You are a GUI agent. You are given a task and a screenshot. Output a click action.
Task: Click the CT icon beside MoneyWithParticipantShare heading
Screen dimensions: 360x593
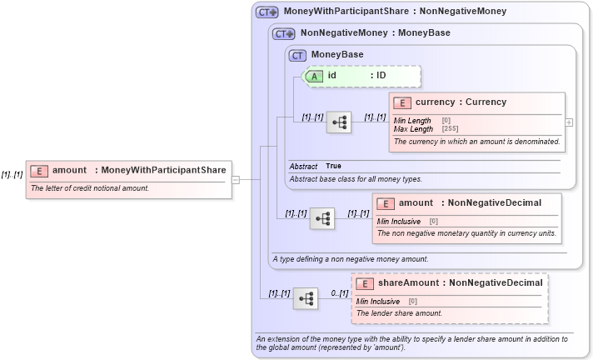click(x=267, y=12)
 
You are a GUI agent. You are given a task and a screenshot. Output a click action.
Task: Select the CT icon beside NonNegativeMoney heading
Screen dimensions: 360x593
click(x=284, y=34)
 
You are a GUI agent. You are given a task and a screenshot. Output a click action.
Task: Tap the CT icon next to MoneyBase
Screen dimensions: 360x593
click(x=298, y=55)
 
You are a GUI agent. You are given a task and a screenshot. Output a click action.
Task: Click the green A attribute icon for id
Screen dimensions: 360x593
click(x=315, y=75)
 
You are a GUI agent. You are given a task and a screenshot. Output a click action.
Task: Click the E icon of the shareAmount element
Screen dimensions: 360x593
click(x=365, y=284)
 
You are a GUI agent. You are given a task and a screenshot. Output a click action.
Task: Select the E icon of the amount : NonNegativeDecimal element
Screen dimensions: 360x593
click(x=386, y=203)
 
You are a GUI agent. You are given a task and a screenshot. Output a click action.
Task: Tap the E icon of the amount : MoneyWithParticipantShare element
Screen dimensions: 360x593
click(x=39, y=171)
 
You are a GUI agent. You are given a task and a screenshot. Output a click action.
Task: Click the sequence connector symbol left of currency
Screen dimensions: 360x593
click(x=338, y=122)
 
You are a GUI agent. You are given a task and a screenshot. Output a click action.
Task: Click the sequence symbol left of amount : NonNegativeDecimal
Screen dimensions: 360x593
click(x=321, y=219)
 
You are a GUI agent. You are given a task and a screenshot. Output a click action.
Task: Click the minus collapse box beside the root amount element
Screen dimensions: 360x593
click(x=236, y=179)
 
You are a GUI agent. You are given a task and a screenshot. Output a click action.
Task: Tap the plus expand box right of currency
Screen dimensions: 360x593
click(x=569, y=122)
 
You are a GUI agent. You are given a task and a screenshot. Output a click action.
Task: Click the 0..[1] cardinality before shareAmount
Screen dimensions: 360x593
click(x=339, y=293)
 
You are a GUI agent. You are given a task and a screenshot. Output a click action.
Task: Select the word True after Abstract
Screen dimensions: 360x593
click(x=333, y=167)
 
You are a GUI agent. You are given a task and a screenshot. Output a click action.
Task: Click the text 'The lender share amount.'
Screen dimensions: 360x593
click(x=399, y=313)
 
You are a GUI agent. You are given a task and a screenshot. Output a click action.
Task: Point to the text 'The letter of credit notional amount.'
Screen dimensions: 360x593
click(x=90, y=188)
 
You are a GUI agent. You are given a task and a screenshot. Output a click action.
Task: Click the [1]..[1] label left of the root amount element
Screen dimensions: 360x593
click(x=11, y=174)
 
